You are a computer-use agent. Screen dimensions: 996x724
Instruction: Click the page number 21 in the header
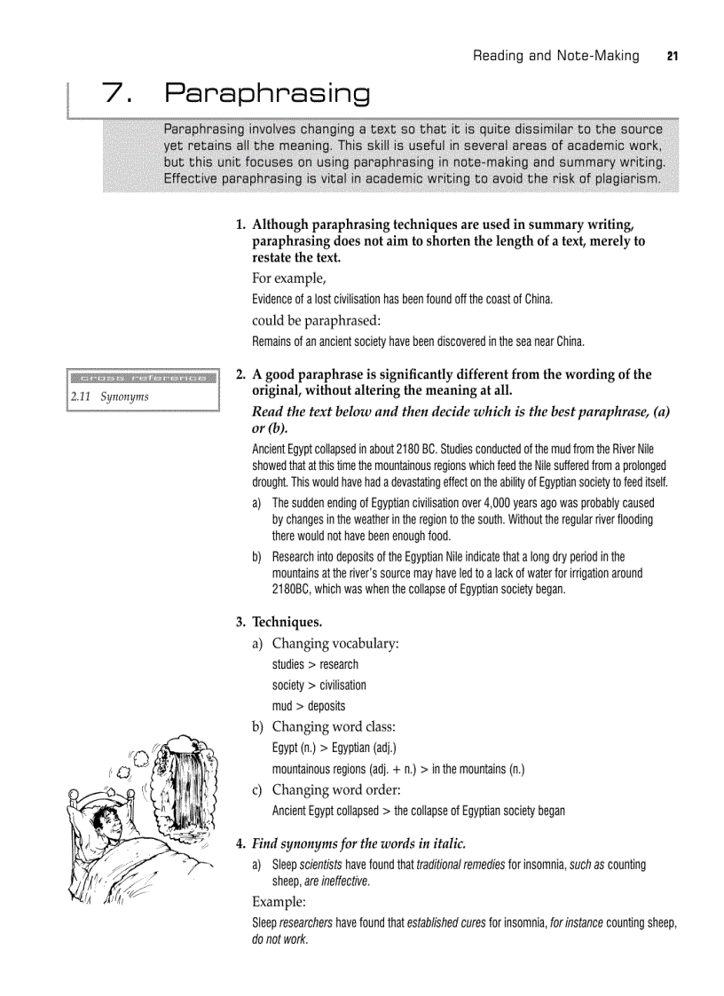(x=672, y=56)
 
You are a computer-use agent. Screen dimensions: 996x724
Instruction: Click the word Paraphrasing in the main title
(x=267, y=93)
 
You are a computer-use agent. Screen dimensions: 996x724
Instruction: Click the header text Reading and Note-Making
(x=555, y=56)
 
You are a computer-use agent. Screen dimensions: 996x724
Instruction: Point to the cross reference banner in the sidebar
(x=142, y=378)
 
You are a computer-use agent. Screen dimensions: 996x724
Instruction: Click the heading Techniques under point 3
(x=287, y=622)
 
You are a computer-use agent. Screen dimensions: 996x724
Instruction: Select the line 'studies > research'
(x=315, y=664)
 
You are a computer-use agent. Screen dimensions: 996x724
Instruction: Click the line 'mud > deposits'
(x=308, y=706)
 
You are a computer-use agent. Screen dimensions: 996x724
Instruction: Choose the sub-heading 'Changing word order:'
(x=336, y=789)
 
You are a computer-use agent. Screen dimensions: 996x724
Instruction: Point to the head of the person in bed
(x=105, y=820)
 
